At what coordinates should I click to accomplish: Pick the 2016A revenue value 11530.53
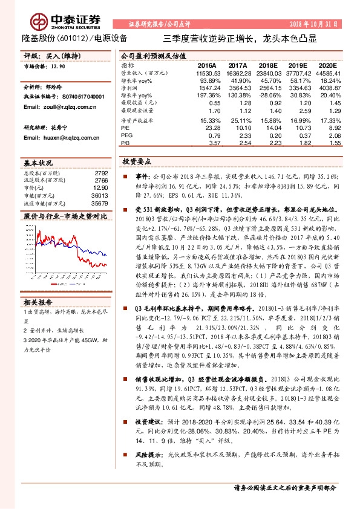coord(206,72)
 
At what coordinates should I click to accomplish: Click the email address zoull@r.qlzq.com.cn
coord(59,106)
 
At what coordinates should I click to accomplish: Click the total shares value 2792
coord(102,173)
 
